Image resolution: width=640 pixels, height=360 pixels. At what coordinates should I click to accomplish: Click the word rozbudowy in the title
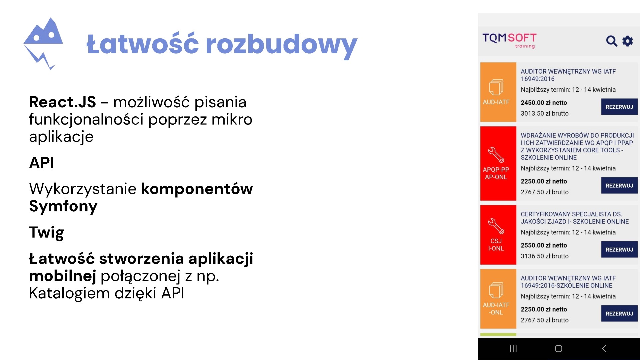[x=282, y=45]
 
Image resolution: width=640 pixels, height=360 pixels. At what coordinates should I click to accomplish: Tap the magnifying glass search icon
[x=611, y=41]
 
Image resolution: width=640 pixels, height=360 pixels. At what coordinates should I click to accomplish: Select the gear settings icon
[x=628, y=41]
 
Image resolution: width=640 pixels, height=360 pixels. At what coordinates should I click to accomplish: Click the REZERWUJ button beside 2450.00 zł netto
[x=619, y=107]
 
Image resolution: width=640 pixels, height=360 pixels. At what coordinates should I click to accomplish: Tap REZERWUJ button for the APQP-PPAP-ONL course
[x=619, y=185]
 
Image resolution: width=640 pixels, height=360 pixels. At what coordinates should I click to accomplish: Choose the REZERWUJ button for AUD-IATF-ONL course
[x=619, y=313]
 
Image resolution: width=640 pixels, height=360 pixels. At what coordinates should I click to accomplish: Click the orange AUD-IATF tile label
[x=496, y=102]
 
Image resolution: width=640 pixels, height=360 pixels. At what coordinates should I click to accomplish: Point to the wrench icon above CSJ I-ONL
[x=496, y=226]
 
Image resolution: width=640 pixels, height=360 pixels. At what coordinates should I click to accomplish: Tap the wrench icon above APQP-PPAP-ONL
[x=496, y=155]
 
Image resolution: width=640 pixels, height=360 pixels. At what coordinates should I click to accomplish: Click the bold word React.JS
[x=62, y=102]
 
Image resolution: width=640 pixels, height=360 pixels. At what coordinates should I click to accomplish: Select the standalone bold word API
[x=42, y=163]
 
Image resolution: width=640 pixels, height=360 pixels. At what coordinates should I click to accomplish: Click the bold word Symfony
[x=63, y=207]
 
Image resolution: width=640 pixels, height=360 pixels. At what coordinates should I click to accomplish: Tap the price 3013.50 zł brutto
[x=545, y=113]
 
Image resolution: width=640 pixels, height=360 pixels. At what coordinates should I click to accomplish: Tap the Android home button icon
[x=559, y=349]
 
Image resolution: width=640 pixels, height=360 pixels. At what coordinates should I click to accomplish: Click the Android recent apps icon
[x=513, y=349]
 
